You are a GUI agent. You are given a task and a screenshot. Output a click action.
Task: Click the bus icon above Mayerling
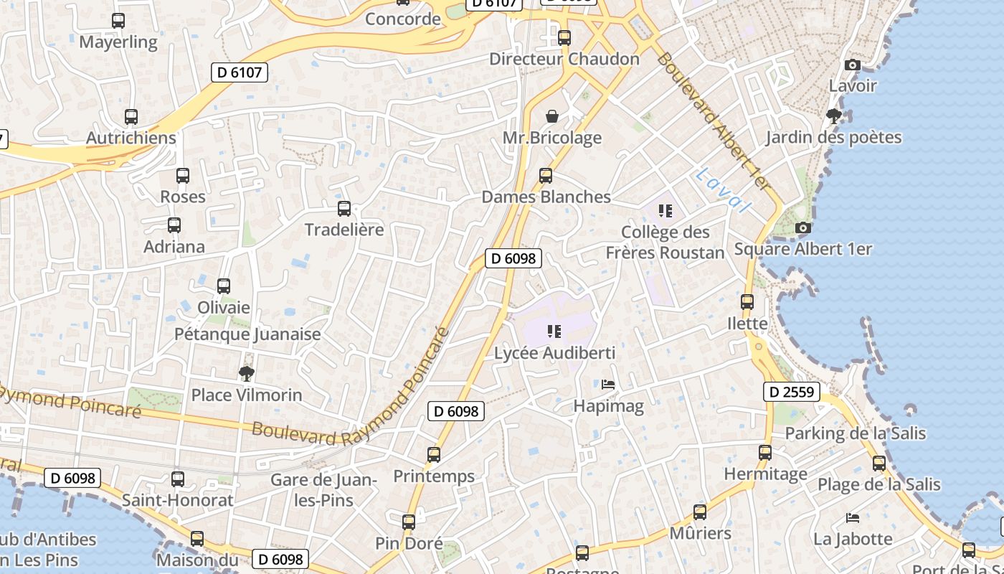[x=118, y=21]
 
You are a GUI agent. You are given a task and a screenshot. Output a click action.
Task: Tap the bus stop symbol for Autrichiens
[x=131, y=116]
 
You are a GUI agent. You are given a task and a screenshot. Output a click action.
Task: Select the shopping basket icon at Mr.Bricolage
[x=552, y=116]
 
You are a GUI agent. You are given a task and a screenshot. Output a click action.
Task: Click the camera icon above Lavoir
[x=853, y=65]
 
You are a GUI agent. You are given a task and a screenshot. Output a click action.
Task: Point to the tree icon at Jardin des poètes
[x=833, y=116]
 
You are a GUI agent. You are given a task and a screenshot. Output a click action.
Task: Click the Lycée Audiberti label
[x=554, y=353]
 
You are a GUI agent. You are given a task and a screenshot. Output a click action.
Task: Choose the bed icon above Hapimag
[x=608, y=385]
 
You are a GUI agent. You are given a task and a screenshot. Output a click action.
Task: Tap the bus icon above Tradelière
[x=344, y=209]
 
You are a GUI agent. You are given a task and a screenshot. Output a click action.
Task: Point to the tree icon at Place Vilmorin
[x=247, y=373]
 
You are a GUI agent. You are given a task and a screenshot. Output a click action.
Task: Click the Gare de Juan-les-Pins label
[x=324, y=489]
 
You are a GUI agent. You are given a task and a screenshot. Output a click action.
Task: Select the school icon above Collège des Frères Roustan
[x=666, y=211]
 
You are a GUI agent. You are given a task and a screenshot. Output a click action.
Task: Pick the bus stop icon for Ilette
[x=747, y=302]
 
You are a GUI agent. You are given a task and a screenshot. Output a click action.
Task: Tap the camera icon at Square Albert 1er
[x=803, y=228]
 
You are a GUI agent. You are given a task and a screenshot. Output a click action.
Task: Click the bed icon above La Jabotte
[x=852, y=517]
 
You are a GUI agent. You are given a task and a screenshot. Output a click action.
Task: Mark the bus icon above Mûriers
[x=700, y=512]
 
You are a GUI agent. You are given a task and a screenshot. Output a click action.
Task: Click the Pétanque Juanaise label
[x=247, y=334]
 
